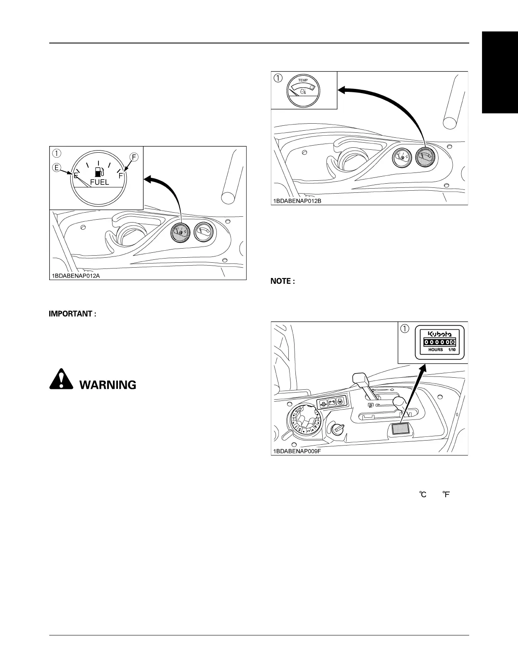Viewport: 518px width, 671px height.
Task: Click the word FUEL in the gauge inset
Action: point(99,182)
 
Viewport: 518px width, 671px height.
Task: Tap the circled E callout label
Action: point(57,168)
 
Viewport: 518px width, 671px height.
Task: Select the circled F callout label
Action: point(134,157)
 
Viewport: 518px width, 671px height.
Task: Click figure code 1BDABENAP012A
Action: point(76,276)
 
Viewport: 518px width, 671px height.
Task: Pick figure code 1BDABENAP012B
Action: point(297,201)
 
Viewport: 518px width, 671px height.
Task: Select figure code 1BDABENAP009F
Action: point(297,451)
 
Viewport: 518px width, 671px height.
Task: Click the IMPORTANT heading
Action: point(73,314)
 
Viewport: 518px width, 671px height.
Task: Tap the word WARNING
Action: point(108,385)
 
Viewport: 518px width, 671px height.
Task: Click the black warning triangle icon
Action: point(61,379)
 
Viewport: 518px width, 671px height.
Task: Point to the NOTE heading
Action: point(283,281)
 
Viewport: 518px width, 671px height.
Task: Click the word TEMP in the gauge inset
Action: point(303,80)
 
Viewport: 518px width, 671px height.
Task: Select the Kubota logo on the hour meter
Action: point(440,333)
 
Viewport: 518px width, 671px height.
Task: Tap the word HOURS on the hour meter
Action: point(435,350)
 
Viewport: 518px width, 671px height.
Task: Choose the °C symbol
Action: point(423,494)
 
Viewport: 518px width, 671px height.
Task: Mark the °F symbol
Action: point(446,494)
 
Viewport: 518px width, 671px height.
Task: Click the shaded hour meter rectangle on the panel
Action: point(400,429)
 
